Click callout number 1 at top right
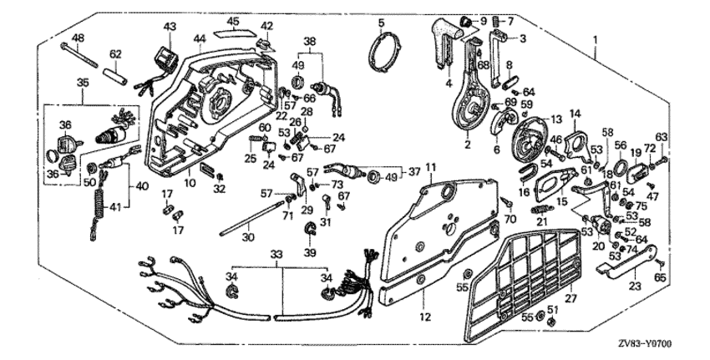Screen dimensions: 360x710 [596, 38]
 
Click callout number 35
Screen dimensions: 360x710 [83, 83]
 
